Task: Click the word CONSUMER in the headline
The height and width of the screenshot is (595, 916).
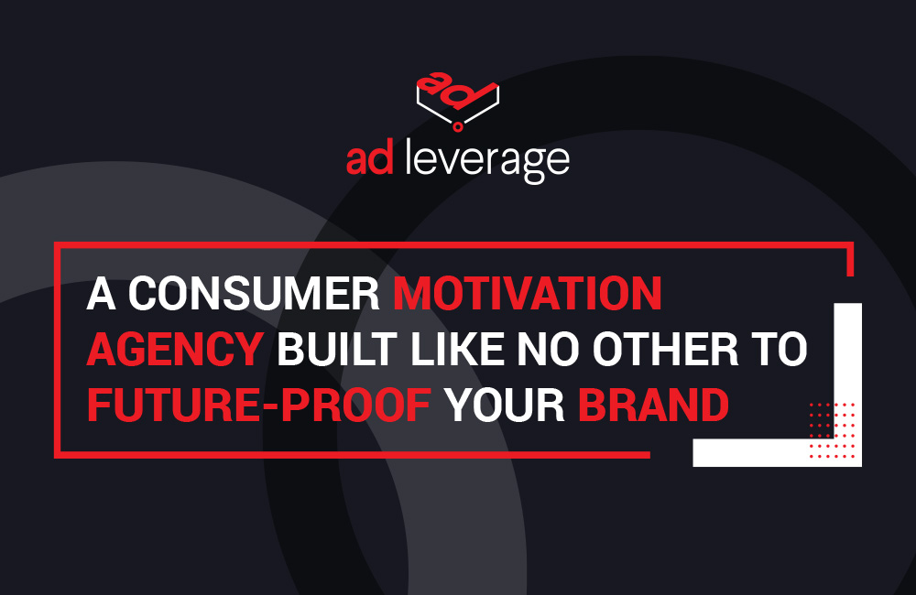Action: coord(254,294)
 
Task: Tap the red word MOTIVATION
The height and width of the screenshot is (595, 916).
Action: coord(527,294)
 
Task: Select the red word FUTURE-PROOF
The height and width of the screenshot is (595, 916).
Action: coord(258,406)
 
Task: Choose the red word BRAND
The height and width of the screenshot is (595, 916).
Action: coord(653,406)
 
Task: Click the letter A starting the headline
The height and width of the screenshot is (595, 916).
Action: coord(101,294)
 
